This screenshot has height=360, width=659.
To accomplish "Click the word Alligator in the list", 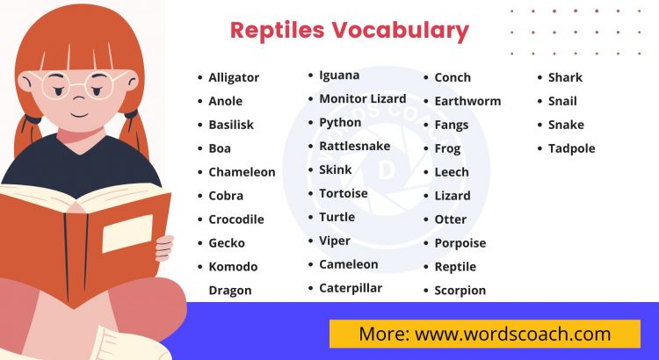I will (x=234, y=77).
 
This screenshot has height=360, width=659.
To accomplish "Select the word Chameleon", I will (x=242, y=172).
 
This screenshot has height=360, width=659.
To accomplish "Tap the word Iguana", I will (x=338, y=76).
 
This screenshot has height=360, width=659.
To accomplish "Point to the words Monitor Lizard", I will (x=362, y=99).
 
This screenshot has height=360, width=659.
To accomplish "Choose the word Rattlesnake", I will (x=355, y=146).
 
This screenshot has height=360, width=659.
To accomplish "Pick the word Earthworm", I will (x=467, y=101).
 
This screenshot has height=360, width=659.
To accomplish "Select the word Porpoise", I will (x=460, y=243).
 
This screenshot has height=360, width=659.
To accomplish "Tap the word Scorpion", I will (x=460, y=291).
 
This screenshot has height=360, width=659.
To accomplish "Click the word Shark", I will (x=565, y=77).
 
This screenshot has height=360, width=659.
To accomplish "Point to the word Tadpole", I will (x=571, y=148).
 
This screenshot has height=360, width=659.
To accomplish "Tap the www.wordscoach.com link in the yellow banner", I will (x=512, y=334).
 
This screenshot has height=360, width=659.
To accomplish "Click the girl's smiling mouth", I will (x=78, y=116).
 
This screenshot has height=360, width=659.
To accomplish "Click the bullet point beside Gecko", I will (x=199, y=243).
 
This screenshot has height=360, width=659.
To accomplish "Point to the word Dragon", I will (x=229, y=291).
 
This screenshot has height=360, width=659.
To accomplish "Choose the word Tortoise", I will (x=344, y=193).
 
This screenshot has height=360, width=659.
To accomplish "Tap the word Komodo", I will (x=233, y=267).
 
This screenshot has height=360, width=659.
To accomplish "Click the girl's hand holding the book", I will (x=163, y=247).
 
